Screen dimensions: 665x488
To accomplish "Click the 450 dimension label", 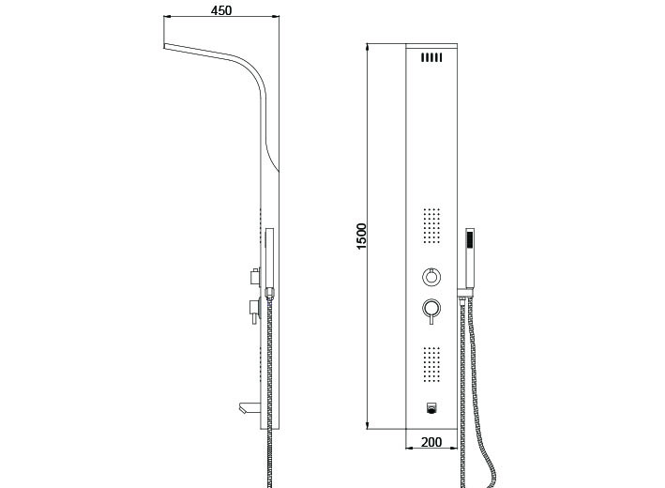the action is click(x=221, y=10).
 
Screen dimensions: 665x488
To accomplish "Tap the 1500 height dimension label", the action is click(x=361, y=236).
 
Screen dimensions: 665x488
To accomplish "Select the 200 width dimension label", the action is click(x=431, y=442).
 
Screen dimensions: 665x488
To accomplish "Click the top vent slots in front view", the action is click(x=431, y=57).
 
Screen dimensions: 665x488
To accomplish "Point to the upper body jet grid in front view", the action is click(x=431, y=226).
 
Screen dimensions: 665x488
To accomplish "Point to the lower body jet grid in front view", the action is click(x=431, y=364).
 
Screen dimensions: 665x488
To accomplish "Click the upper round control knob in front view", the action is click(x=431, y=277).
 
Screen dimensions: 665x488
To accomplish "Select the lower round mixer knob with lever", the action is click(x=431, y=311).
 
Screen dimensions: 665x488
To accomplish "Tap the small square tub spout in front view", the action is click(x=431, y=408).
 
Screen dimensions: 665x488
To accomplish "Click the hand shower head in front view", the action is click(x=470, y=258).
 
